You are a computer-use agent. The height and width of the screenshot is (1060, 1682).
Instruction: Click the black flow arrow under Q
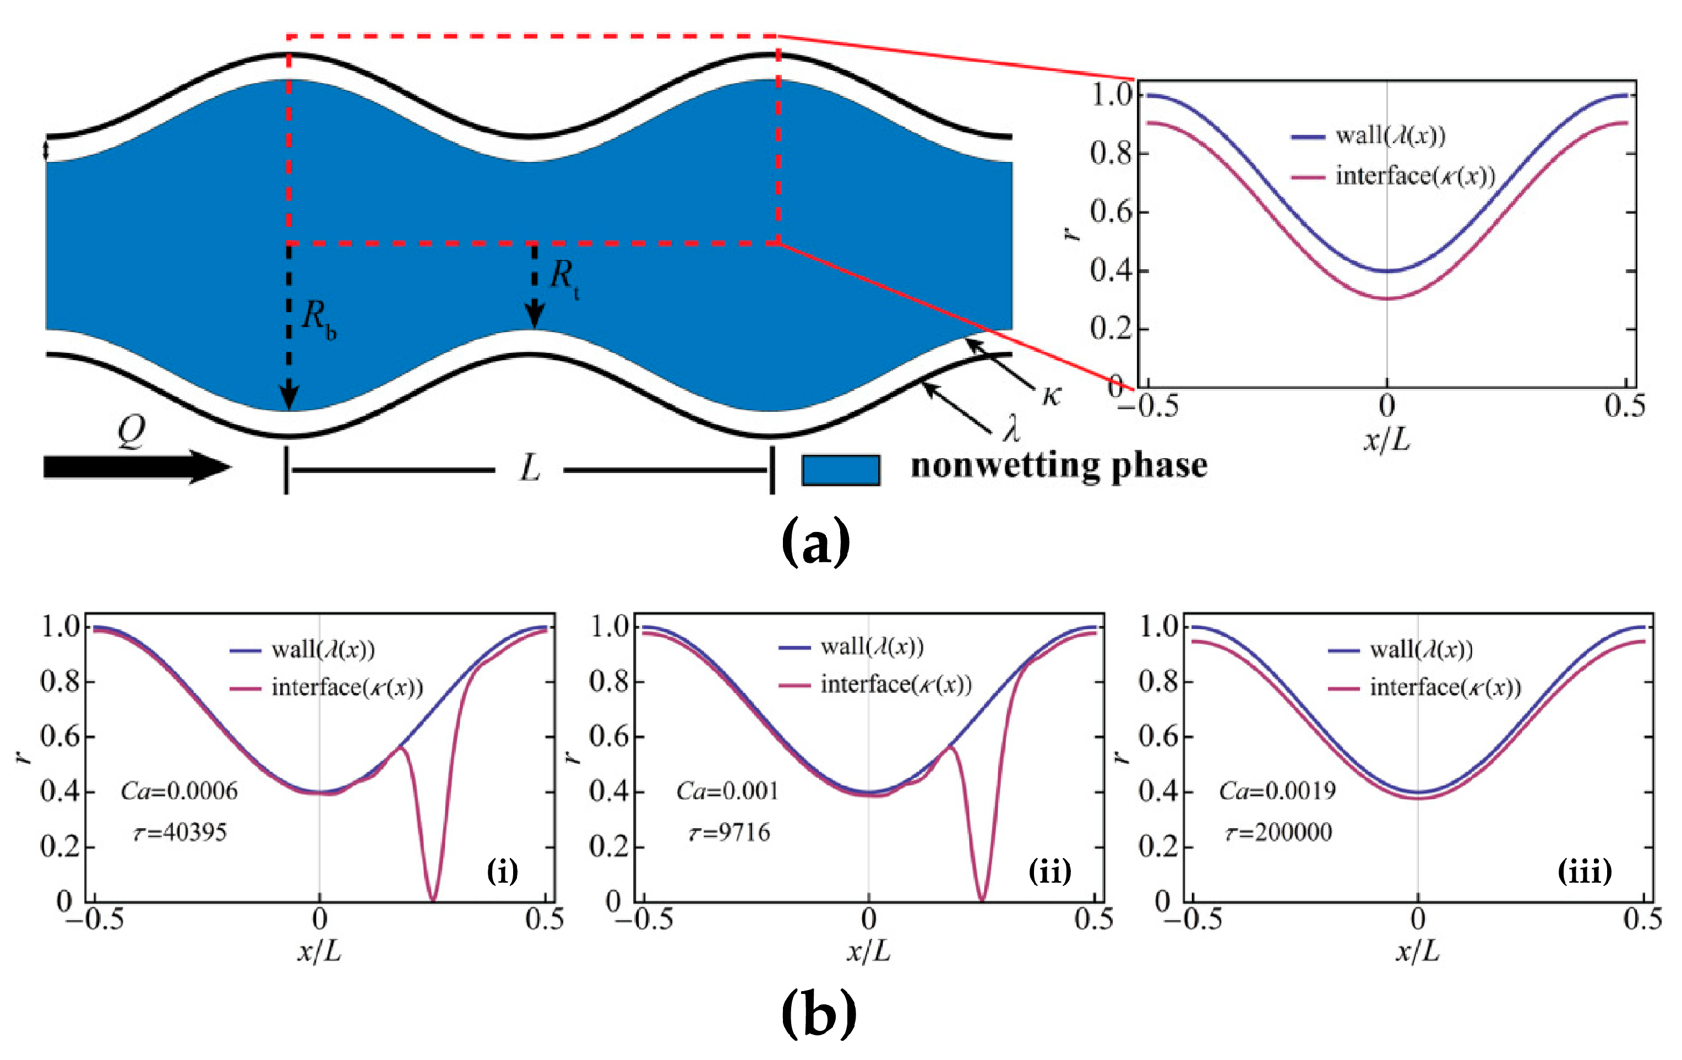click(136, 467)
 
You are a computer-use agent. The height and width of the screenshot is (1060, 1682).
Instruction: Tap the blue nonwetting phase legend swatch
click(840, 470)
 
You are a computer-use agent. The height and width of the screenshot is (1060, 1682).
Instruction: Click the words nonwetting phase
click(1059, 465)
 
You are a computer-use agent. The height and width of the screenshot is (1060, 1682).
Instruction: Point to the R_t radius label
click(564, 278)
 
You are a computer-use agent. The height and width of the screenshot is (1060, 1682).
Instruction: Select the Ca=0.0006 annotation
click(179, 791)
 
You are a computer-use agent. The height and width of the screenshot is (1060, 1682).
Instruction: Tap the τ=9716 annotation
click(730, 832)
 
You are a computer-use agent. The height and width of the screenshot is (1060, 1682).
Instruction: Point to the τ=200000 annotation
click(1278, 832)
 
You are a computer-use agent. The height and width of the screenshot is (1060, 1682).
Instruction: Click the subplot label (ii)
click(1049, 871)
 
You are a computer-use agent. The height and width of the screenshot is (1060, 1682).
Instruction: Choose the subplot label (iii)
click(1584, 871)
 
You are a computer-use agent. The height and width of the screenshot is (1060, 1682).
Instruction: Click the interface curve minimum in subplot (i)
click(433, 898)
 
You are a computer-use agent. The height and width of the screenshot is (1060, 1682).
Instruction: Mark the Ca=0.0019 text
click(1277, 791)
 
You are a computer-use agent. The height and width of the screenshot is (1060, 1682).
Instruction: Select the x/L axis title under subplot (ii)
click(868, 951)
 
